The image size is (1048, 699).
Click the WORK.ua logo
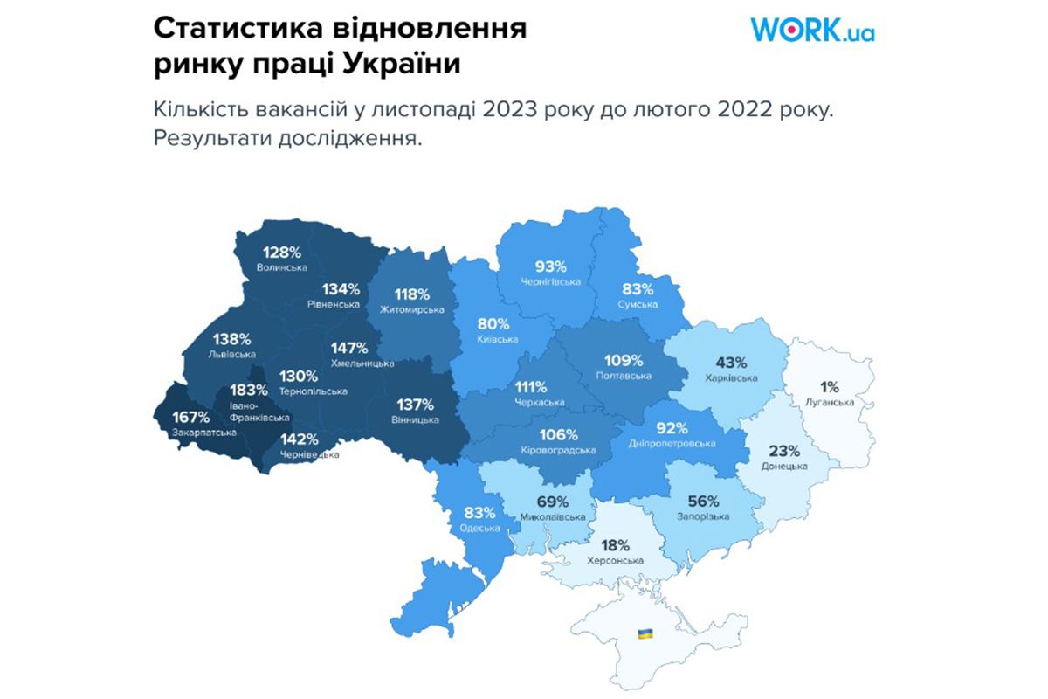coord(812,31)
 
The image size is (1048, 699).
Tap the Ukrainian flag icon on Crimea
coord(645,633)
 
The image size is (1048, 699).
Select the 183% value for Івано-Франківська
coord(249,390)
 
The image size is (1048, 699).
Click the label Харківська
coord(731,378)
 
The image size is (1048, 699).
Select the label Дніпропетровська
coord(672,444)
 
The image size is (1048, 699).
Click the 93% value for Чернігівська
coord(551,266)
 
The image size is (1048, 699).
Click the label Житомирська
coord(411,309)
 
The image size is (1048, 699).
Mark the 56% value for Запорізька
coord(703,502)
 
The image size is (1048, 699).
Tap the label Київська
coord(498,339)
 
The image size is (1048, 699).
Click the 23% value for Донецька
coord(784,452)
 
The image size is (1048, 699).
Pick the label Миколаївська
coord(553,517)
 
